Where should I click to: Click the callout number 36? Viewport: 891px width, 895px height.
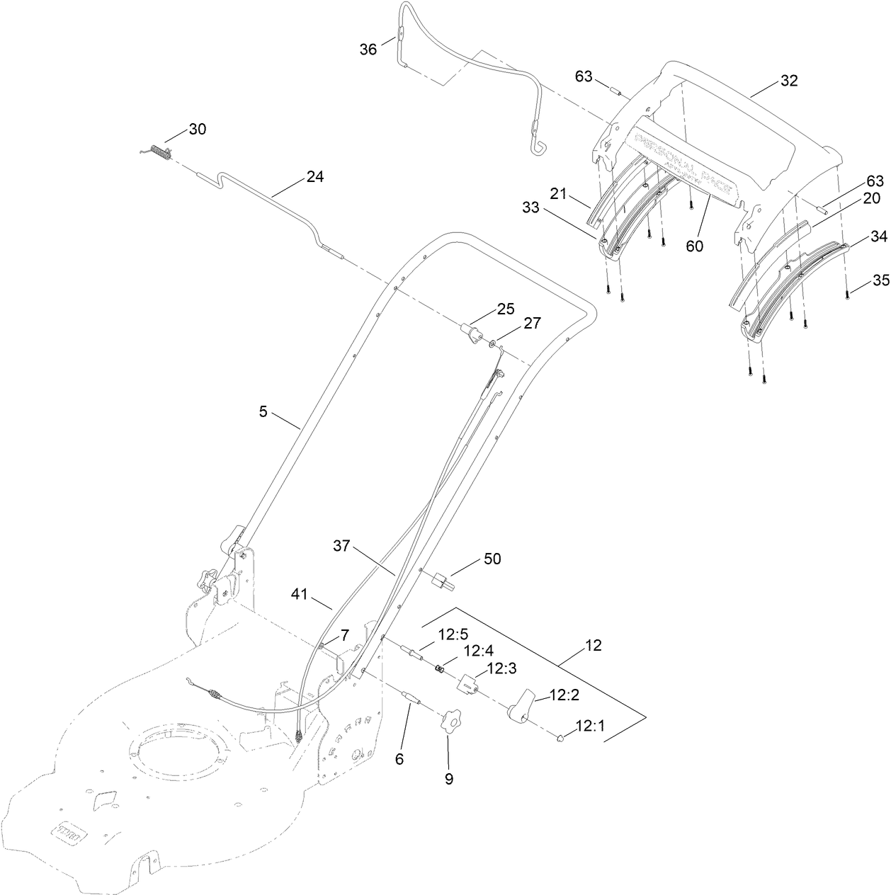click(368, 49)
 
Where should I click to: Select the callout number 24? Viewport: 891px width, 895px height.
click(314, 177)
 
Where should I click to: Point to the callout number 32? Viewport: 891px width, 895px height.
click(789, 81)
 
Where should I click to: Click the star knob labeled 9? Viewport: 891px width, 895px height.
click(448, 724)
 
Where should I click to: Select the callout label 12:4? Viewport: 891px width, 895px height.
click(478, 651)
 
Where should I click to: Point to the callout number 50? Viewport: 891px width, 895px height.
click(492, 559)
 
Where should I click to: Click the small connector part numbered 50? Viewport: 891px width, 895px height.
click(442, 581)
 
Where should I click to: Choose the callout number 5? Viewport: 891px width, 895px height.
click(263, 411)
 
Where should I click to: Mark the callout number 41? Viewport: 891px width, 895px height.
click(300, 594)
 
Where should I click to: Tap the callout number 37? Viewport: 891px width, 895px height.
click(342, 545)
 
